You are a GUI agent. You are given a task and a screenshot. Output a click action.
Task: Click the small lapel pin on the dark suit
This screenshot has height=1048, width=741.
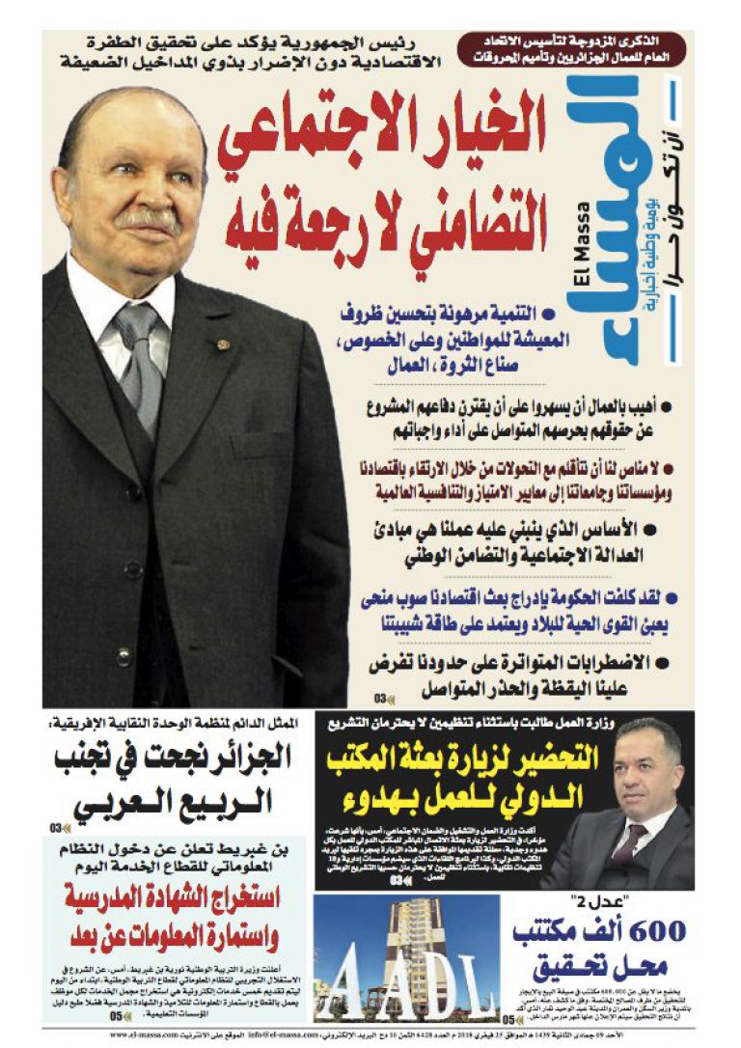coord(225,343)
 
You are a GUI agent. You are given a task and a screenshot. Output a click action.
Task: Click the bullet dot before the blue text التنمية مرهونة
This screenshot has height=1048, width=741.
coord(549,313)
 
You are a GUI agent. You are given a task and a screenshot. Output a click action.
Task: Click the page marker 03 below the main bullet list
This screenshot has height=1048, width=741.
coord(382,699)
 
